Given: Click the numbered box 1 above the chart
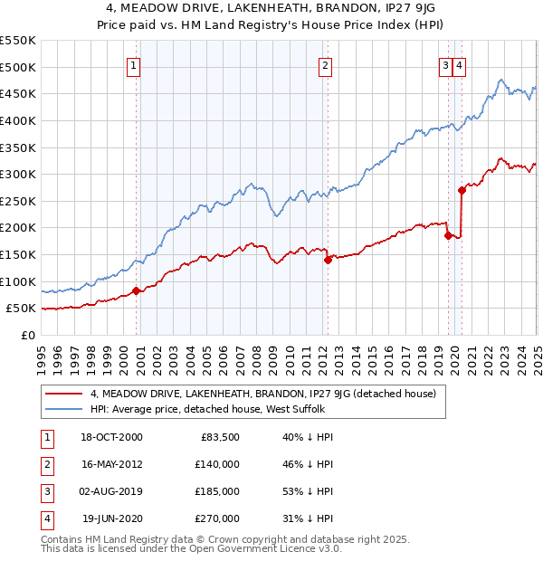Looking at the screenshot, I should [x=133, y=65].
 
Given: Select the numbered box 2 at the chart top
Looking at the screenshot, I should [x=324, y=65].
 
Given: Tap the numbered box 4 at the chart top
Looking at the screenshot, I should [x=460, y=65].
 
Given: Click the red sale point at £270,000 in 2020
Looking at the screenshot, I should [x=462, y=190].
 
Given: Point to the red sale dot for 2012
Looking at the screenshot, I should [x=328, y=260].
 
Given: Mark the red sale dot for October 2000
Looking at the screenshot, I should [x=137, y=290].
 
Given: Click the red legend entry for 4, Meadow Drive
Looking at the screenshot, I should [x=263, y=394].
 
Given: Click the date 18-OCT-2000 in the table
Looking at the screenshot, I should [x=111, y=437].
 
